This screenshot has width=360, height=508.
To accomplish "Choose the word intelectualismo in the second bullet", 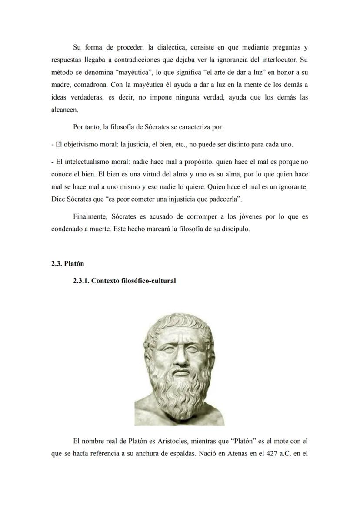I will point(84,162).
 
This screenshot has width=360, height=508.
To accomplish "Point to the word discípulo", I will point(234,229).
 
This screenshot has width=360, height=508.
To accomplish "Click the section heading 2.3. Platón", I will point(67,264).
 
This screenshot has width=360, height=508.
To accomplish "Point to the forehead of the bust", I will point(179,330).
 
